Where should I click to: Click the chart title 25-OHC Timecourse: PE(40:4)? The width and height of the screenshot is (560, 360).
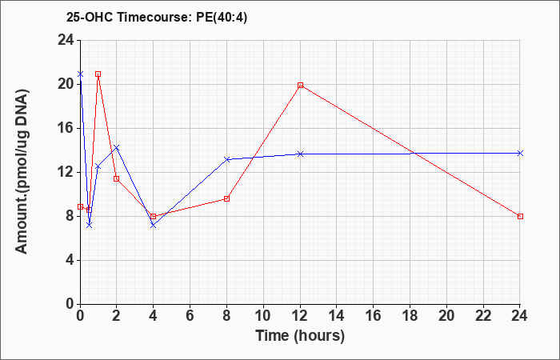[x=157, y=18]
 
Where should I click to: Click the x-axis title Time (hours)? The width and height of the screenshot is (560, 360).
[x=300, y=336]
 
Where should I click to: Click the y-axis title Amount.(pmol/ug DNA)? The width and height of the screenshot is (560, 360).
[x=22, y=171]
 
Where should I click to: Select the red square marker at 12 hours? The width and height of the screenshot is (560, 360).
[x=300, y=85]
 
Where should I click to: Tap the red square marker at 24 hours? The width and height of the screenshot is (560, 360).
[x=520, y=217]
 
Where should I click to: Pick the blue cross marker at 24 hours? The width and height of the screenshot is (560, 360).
[x=520, y=154]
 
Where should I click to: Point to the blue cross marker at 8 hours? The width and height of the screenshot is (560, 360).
[x=226, y=159]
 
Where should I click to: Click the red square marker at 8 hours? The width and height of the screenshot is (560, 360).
[x=226, y=198]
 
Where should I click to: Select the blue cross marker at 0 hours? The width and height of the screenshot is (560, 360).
[x=80, y=74]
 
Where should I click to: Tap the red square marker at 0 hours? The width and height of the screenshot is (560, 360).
[x=80, y=206]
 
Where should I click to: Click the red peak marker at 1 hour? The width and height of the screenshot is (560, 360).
[x=98, y=74]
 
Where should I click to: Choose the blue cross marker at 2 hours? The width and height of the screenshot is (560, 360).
[x=117, y=147]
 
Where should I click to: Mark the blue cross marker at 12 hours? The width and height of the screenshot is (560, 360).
[x=300, y=154]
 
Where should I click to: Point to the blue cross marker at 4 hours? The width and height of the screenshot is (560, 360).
[x=154, y=225]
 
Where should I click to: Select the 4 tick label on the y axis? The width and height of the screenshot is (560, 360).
[x=70, y=260]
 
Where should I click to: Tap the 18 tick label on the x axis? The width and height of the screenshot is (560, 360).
[x=410, y=316]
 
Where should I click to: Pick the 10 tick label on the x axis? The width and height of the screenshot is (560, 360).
[x=263, y=316]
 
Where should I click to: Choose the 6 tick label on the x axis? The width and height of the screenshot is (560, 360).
[x=190, y=316]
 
